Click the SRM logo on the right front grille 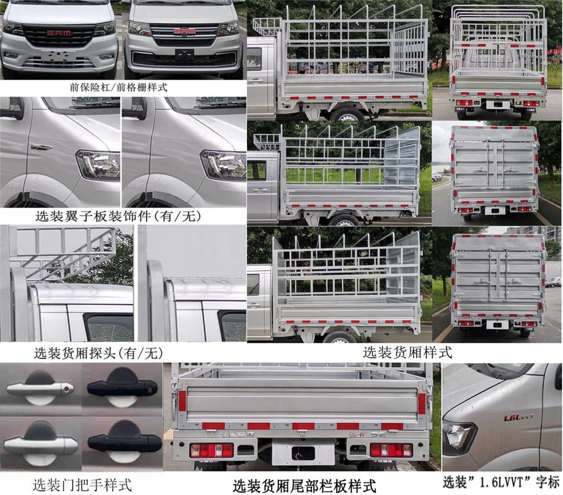coord(184,32)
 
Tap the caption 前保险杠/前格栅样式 coord(119,87)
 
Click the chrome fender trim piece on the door coord(41,147)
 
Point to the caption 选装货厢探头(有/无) coord(98,353)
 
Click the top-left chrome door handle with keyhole coord(40,388)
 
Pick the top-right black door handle coord(122,388)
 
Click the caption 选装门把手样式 coord(82,484)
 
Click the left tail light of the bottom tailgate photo coord(211,450)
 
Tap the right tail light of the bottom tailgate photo coord(391,450)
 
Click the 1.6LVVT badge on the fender coord(518,418)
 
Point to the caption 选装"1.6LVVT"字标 coord(501,482)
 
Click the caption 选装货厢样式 coord(407,352)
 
